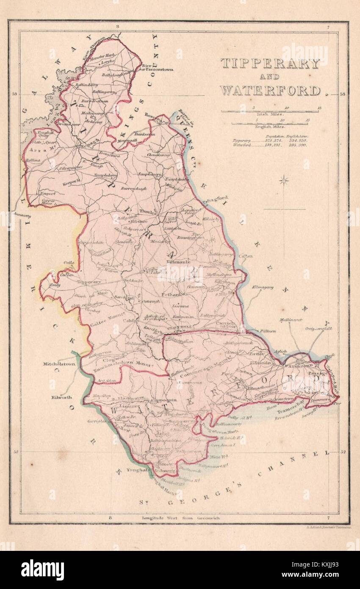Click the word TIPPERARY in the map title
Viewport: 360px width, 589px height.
coord(269,64)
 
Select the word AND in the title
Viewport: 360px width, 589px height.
coord(269,77)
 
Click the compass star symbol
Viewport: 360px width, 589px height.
coord(283,181)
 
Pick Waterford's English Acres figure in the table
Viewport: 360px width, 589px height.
coord(298,145)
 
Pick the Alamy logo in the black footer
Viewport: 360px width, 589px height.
coord(42,570)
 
